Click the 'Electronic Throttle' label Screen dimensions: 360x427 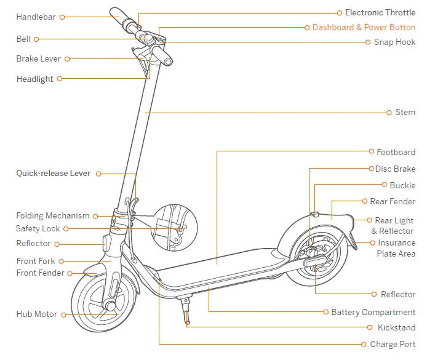pos(380,12)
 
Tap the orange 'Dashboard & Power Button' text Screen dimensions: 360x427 pos(364,27)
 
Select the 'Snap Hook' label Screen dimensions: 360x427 pos(394,42)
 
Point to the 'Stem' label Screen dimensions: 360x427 pos(405,113)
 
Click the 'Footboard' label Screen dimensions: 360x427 pos(396,152)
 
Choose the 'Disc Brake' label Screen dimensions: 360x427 pos(395,169)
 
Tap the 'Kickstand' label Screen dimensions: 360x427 pos(396,328)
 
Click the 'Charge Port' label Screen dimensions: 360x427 pos(393,345)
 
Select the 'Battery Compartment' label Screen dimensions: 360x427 pos(373,313)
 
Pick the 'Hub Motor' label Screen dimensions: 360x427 pos(37,314)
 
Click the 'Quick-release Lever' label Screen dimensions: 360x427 pos(53,174)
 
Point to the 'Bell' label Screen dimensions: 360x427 pos(23,39)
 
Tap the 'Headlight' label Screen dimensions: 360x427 pos(34,79)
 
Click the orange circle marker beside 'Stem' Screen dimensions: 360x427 pos(389,113)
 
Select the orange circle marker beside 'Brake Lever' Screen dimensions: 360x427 pos(67,59)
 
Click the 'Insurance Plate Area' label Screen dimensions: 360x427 pos(396,248)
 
